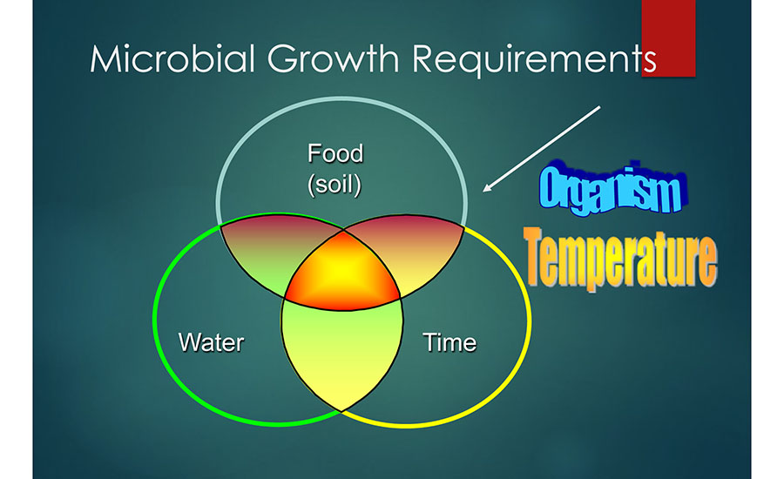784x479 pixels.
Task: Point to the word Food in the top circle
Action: tap(335, 154)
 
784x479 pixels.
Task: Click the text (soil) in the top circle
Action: tap(335, 185)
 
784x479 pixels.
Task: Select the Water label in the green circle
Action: tap(211, 341)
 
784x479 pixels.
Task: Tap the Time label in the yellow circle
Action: tap(449, 342)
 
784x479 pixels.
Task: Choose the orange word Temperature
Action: tap(620, 255)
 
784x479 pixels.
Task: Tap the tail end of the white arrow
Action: tap(600, 107)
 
